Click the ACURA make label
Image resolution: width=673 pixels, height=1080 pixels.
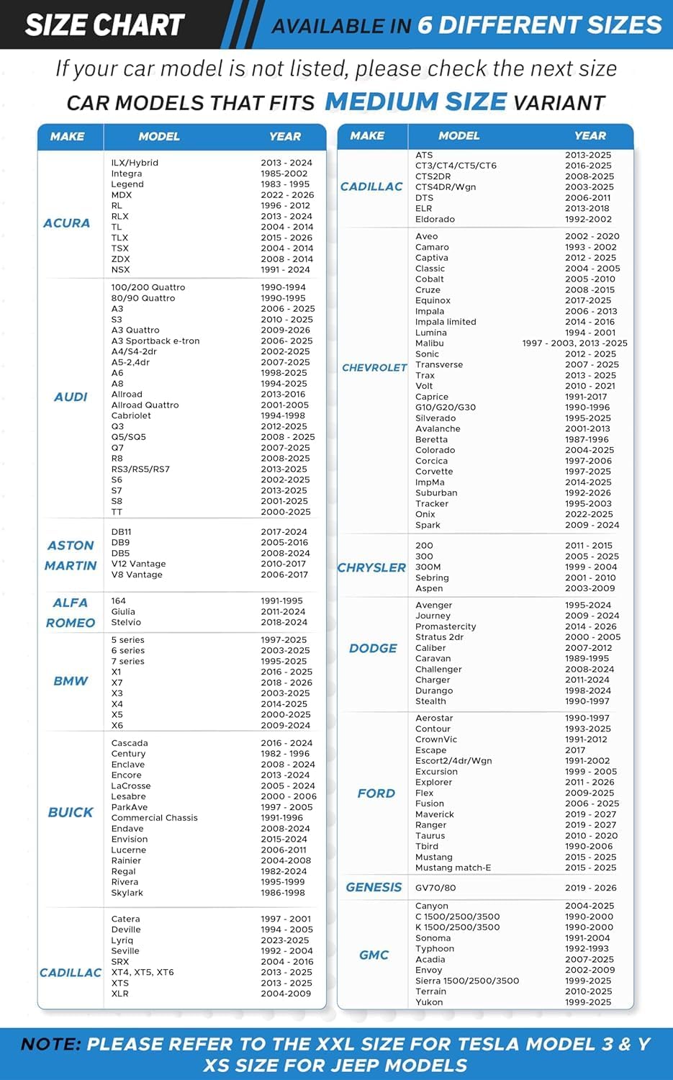[67, 223]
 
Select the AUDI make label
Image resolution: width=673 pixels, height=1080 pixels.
[71, 397]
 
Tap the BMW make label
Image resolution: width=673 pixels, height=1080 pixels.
[71, 681]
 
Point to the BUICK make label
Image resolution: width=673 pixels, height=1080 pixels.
[71, 812]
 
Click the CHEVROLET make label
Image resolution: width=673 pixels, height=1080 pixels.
[374, 368]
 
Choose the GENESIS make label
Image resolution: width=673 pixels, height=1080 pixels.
[374, 888]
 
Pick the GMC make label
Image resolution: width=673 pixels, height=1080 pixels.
[374, 955]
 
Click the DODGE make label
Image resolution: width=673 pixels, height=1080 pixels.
[373, 648]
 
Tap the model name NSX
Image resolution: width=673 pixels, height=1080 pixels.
[120, 270]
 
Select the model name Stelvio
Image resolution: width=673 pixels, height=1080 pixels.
[126, 622]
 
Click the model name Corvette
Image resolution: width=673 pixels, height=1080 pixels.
[434, 472]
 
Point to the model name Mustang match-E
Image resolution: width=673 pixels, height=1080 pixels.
[453, 868]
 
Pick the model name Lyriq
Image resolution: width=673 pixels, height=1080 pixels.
[122, 940]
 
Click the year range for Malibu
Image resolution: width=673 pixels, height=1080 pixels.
[574, 343]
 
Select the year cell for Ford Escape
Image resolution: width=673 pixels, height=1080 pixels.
[575, 750]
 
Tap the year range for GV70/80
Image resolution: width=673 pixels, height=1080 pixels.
[590, 888]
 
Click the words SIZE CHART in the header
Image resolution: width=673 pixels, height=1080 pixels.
[105, 25]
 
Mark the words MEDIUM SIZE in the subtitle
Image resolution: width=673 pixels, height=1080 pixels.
[416, 102]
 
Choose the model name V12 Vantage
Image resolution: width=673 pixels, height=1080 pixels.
[138, 564]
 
